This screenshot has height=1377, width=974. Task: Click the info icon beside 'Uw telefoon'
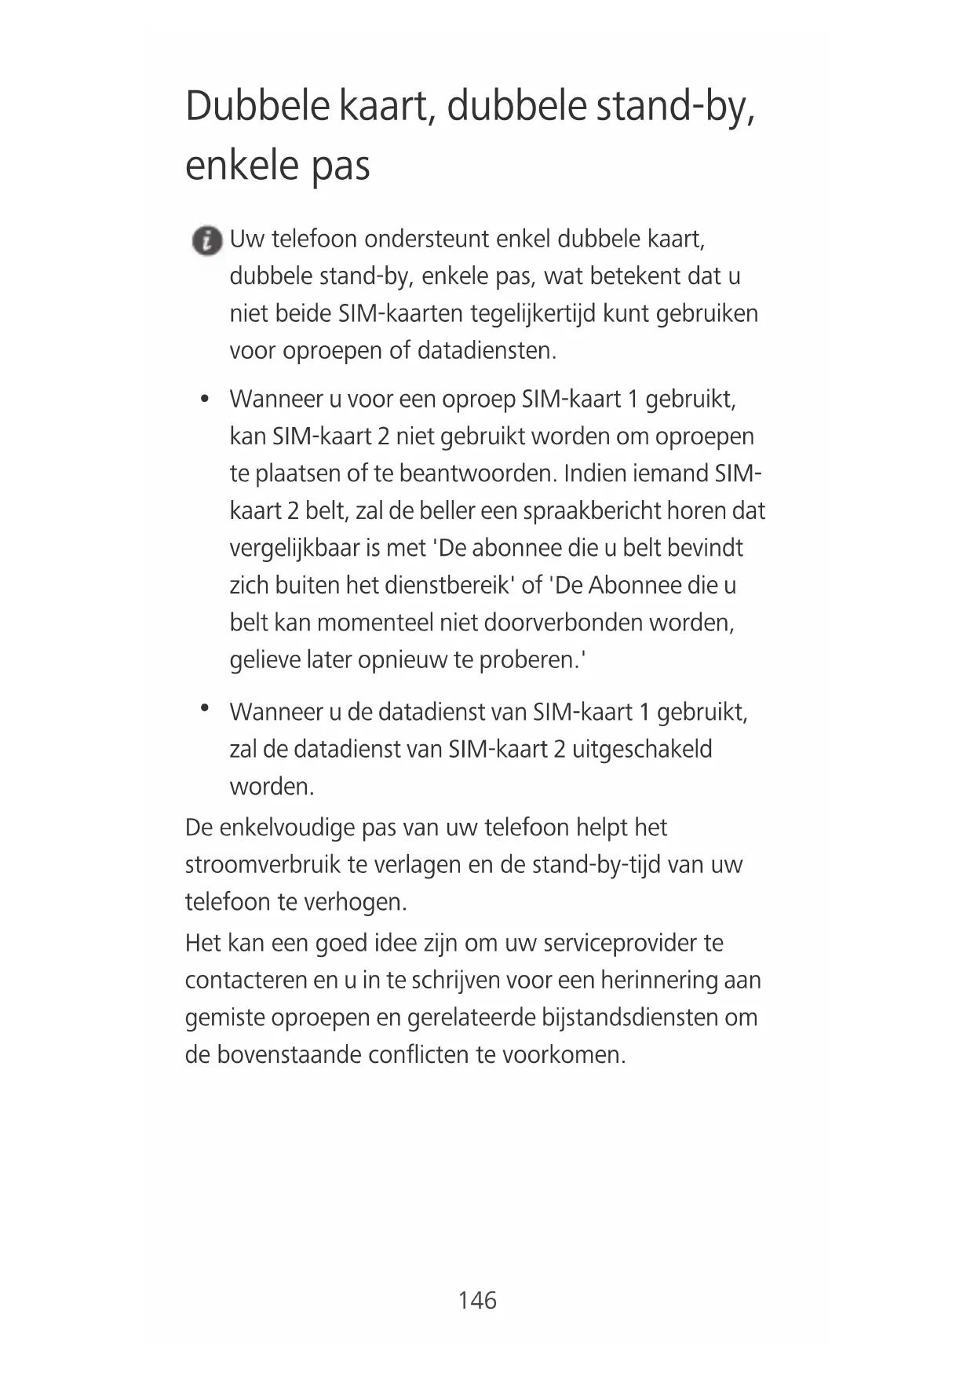pyautogui.click(x=207, y=240)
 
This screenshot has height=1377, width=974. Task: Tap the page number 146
pyautogui.click(x=477, y=1300)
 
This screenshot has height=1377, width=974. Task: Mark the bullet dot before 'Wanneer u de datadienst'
pyautogui.click(x=204, y=708)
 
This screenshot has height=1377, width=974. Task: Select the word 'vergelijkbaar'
pyautogui.click(x=294, y=548)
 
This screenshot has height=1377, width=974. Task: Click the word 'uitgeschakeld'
pyautogui.click(x=641, y=749)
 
